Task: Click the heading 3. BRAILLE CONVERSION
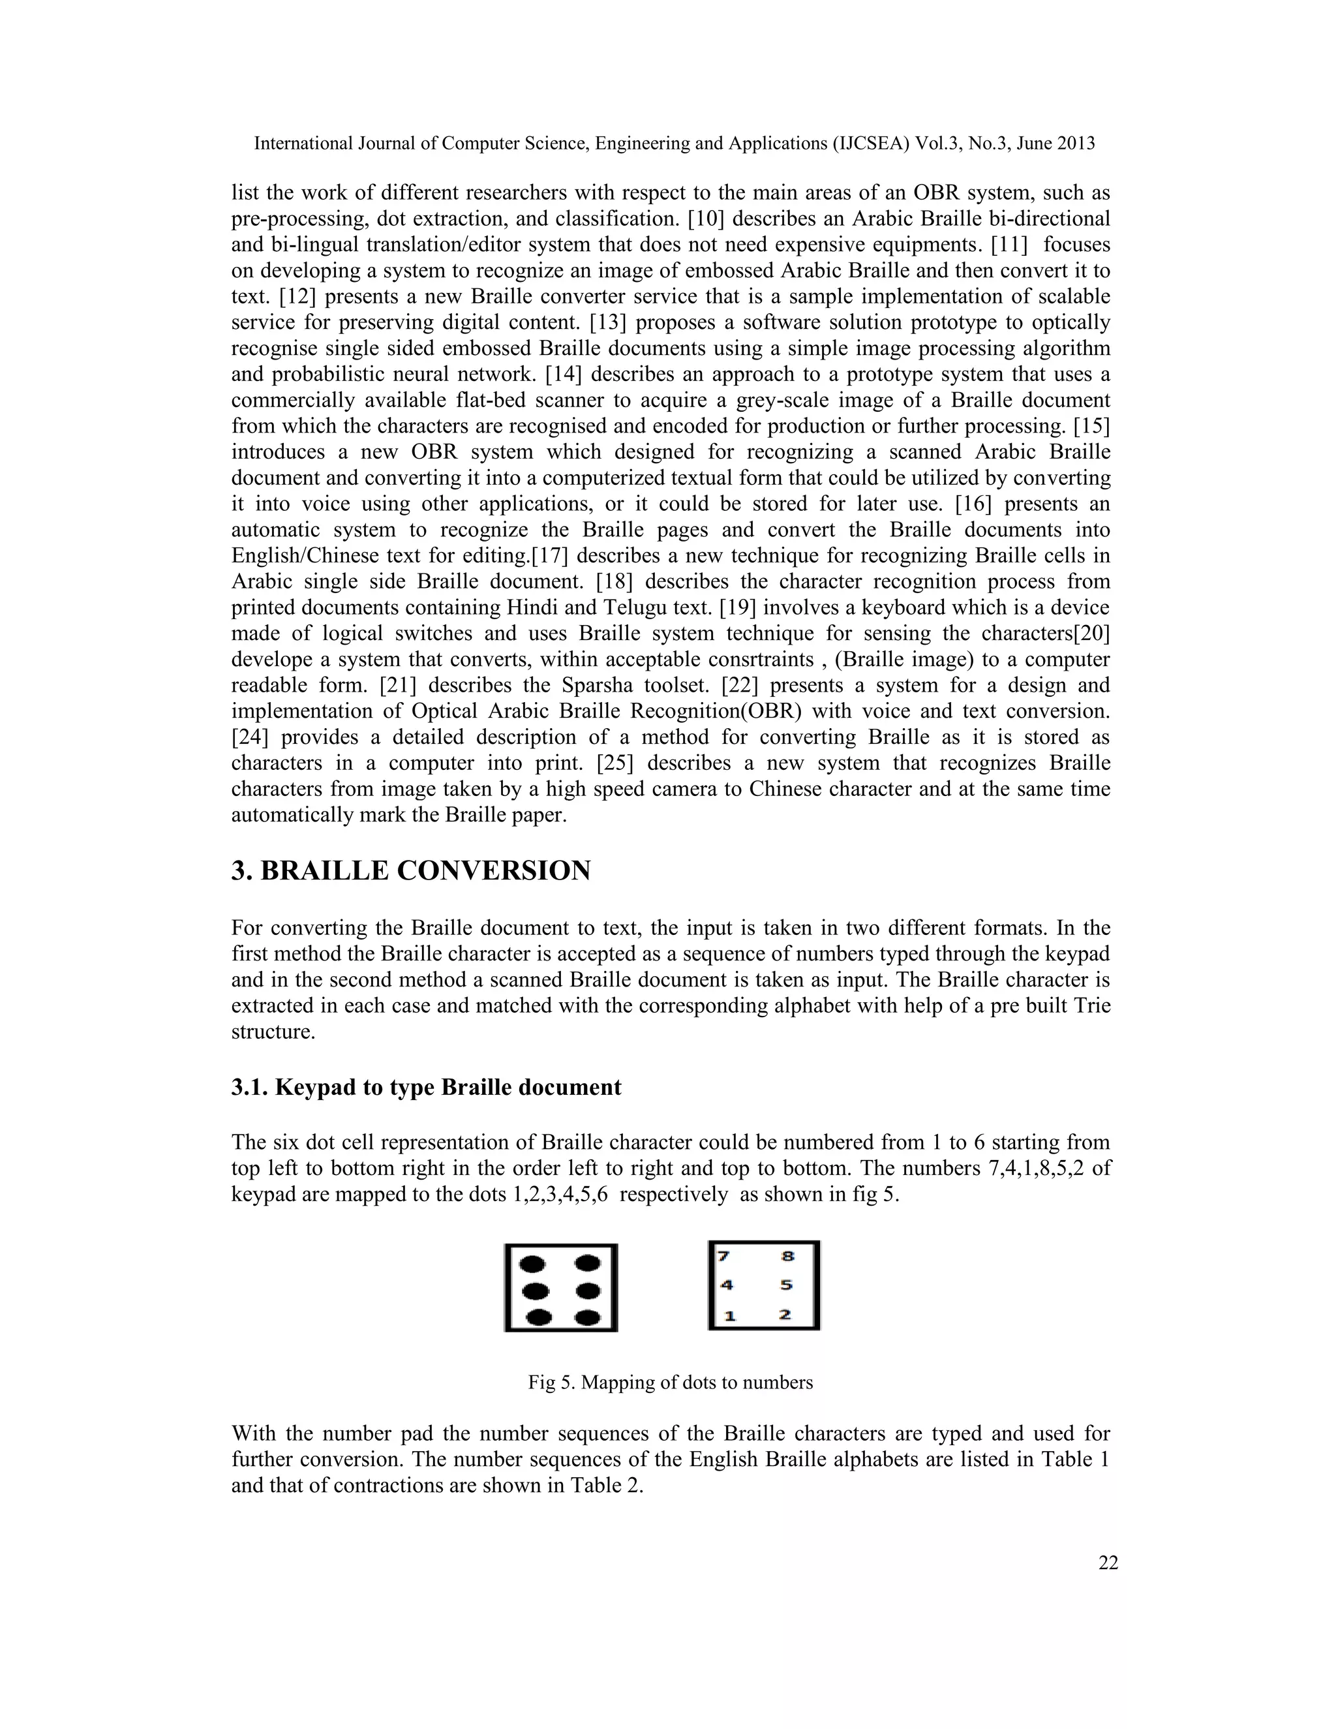coord(411,871)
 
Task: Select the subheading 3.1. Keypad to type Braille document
coord(426,1088)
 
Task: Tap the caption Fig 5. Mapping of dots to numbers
coord(671,1383)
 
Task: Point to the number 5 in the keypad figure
coord(786,1286)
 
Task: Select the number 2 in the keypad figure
coord(784,1315)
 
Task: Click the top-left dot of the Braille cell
coord(536,1264)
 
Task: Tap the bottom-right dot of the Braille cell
coord(587,1318)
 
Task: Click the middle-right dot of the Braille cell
coord(588,1291)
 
